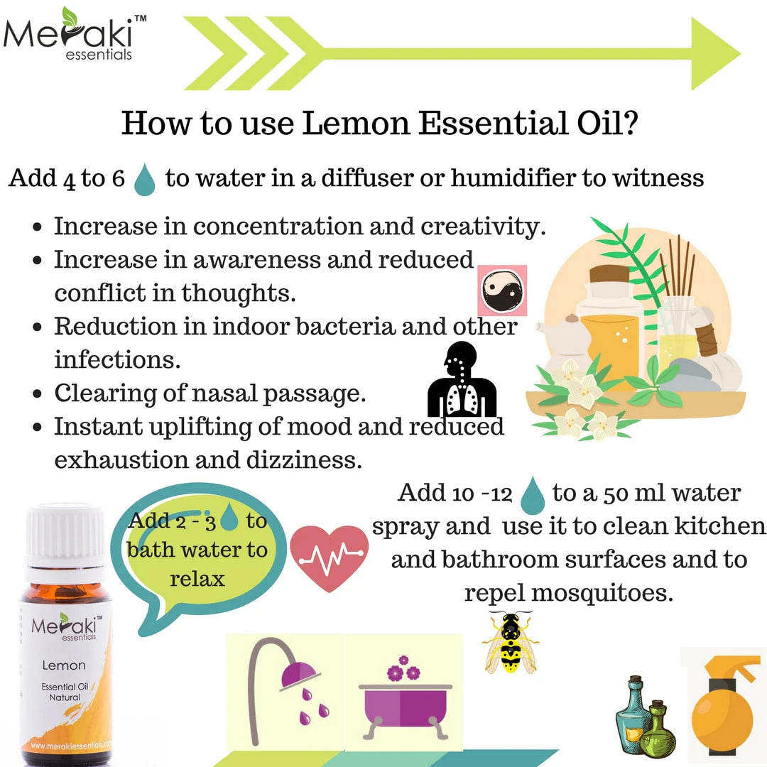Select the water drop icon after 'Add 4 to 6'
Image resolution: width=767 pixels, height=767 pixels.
145,179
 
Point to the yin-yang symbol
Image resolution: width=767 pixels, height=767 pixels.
501,290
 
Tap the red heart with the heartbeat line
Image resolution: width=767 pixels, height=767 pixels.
330,557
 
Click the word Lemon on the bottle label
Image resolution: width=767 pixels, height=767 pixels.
64,665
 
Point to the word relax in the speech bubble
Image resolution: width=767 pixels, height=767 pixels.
197,578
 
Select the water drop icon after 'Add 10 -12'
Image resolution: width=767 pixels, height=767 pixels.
532,495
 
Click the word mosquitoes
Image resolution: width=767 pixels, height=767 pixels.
568,592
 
